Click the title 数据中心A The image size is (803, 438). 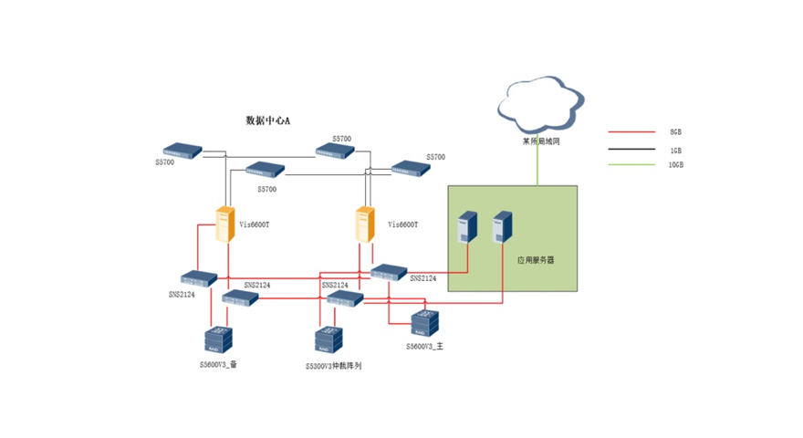(x=267, y=120)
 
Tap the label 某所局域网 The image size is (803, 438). (x=540, y=141)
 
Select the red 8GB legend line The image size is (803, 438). (x=631, y=132)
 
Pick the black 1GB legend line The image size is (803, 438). (x=631, y=149)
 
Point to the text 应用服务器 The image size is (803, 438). (x=536, y=260)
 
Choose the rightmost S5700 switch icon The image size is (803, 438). (x=409, y=167)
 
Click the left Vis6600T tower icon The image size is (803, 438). (x=225, y=224)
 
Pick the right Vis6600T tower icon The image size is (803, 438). (x=367, y=224)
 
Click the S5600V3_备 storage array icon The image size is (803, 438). (x=219, y=339)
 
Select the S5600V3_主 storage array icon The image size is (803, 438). (x=424, y=324)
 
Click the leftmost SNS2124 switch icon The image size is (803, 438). (x=196, y=278)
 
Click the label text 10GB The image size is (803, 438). (x=675, y=165)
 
